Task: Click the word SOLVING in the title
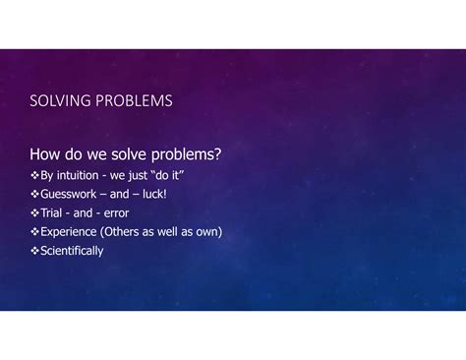tap(60, 100)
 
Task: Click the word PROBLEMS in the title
tap(134, 100)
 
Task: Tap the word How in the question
tap(45, 153)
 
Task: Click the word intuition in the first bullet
tap(78, 175)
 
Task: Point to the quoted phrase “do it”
tap(167, 175)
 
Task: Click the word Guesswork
tap(69, 194)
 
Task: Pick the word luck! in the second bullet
tap(154, 194)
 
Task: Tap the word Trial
tap(51, 212)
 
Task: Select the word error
tap(116, 213)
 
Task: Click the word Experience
tap(69, 232)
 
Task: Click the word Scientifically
tap(72, 251)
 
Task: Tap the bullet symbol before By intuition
tap(34, 175)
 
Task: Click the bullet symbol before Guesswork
tap(34, 194)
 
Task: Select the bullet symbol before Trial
tap(34, 212)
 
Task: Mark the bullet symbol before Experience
tap(34, 232)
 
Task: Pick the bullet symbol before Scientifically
tap(34, 251)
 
